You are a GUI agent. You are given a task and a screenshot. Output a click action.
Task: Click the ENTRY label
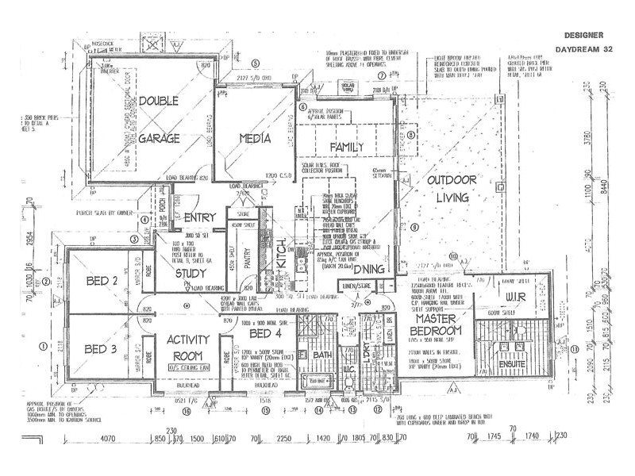coord(199,218)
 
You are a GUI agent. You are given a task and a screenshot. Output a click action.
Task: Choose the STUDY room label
coord(190,274)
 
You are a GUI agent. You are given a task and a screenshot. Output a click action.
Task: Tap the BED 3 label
coord(101,349)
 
